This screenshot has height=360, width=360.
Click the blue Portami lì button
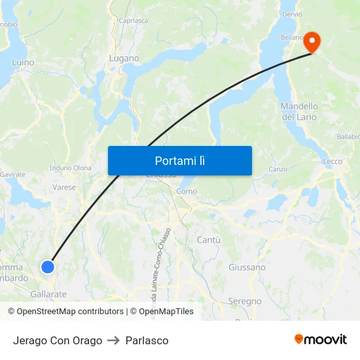pyautogui.click(x=179, y=160)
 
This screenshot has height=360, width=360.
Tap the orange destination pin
pyautogui.click(x=312, y=42)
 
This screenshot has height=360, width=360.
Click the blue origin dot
pyautogui.click(x=47, y=266)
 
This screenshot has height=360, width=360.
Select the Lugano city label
pyautogui.click(x=124, y=58)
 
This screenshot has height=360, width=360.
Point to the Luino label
pyautogui.click(x=23, y=63)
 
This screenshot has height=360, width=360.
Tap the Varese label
pyautogui.click(x=64, y=187)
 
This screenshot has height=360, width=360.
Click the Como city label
pyautogui.click(x=187, y=191)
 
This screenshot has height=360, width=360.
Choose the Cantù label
pyautogui.click(x=208, y=240)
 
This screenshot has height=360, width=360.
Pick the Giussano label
pyautogui.click(x=247, y=267)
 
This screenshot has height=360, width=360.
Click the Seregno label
pyautogui.click(x=245, y=302)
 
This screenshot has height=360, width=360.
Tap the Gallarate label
pyautogui.click(x=48, y=295)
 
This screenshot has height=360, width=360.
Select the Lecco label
pyautogui.click(x=333, y=162)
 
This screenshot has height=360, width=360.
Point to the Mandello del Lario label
pyautogui.click(x=299, y=112)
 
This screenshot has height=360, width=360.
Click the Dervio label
pyautogui.click(x=291, y=14)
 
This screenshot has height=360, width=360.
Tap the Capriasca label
pyautogui.click(x=133, y=20)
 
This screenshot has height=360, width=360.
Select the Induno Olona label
pyautogui.click(x=71, y=168)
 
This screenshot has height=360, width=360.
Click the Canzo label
pyautogui.click(x=278, y=169)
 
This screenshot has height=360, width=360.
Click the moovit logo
pyautogui.click(x=321, y=340)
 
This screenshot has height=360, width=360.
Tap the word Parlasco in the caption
pyautogui.click(x=147, y=340)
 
